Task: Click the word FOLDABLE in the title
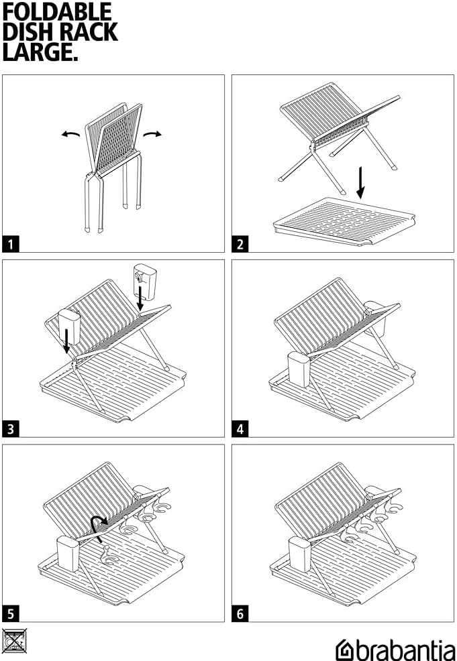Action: [58, 11]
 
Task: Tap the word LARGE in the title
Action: [40, 52]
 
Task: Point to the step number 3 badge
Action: [11, 429]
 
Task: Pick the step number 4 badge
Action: [240, 429]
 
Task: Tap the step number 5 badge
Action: [11, 613]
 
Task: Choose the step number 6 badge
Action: [240, 613]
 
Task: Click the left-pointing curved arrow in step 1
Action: [70, 135]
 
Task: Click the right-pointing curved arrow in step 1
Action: [154, 134]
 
